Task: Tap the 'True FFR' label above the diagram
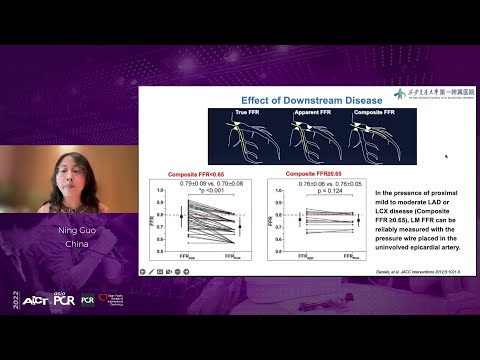pyautogui.click(x=234, y=113)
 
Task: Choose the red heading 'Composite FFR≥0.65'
pyautogui.click(x=312, y=172)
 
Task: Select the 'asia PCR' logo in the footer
pyautogui.click(x=64, y=327)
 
